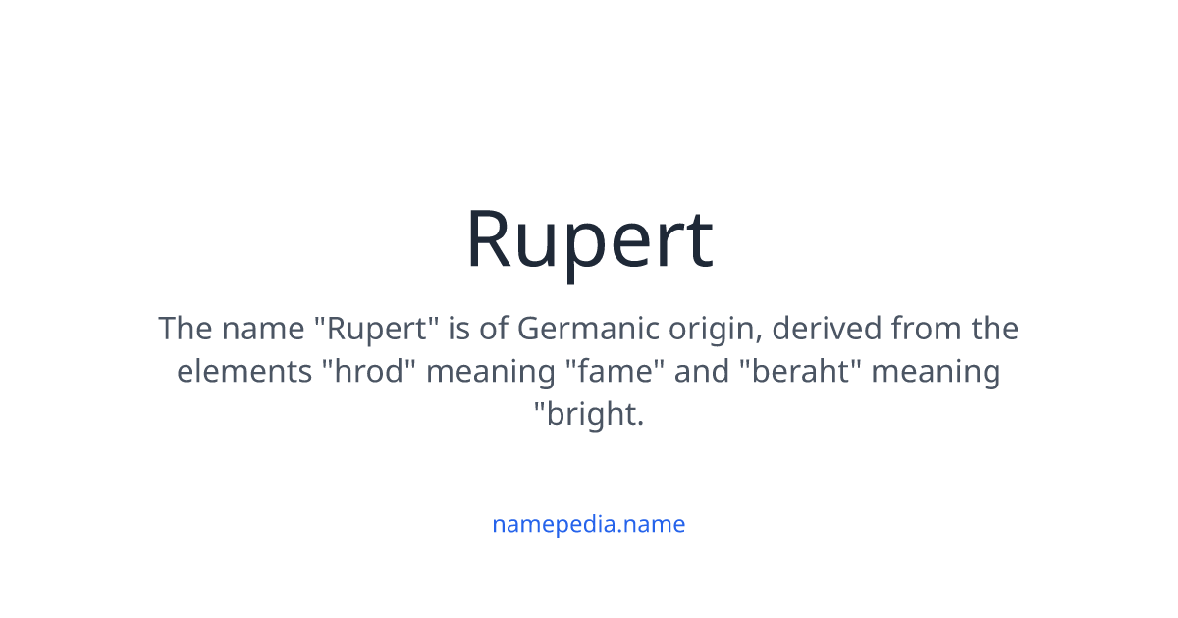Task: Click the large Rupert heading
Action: click(589, 239)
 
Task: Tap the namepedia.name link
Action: click(589, 524)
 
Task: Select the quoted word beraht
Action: click(788, 372)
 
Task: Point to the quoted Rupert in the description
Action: click(378, 330)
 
